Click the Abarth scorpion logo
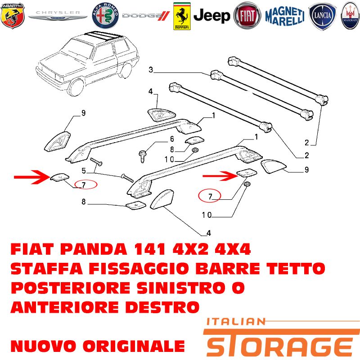coord(13,16)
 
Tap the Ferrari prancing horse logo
coord(182,16)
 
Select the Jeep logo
coord(211,16)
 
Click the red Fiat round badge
coord(247,16)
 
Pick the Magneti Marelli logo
coord(285,16)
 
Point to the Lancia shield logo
coord(322,16)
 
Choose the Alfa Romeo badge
coord(105,16)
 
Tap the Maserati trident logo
coord(351,16)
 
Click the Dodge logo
coord(146,16)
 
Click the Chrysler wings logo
coord(58,15)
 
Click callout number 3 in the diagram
coord(151,69)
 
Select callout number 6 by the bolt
coord(172,139)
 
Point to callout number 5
coord(84,171)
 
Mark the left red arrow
coord(32,177)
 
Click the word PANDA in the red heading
coord(94,249)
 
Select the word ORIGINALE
coord(134,346)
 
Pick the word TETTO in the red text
coord(296,269)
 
